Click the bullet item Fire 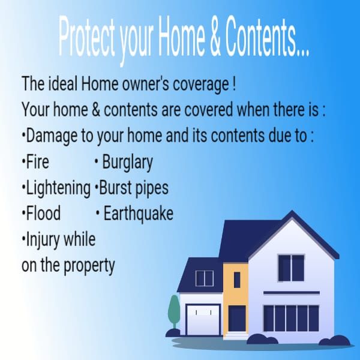click(x=37, y=162)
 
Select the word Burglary click(x=127, y=163)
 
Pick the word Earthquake click(x=138, y=214)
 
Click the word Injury click(x=42, y=239)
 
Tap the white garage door click(x=203, y=319)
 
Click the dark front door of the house click(x=237, y=318)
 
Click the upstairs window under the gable click(x=291, y=267)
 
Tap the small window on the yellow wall click(x=237, y=280)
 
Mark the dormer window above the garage click(x=205, y=278)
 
